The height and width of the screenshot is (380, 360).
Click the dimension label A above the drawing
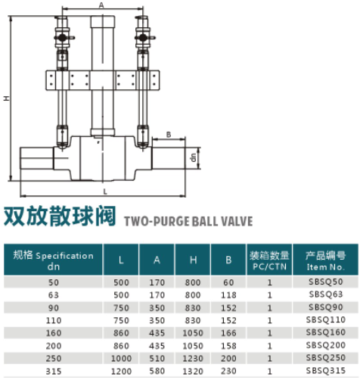[101, 5]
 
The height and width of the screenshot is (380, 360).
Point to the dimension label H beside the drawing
[7, 98]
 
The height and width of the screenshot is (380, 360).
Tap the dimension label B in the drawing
[169, 135]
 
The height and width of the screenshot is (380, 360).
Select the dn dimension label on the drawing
[194, 157]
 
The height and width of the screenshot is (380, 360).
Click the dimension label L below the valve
[105, 192]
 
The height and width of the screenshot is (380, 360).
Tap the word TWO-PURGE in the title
[157, 221]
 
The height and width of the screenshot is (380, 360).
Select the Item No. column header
[325, 266]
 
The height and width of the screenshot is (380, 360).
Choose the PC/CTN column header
[269, 266]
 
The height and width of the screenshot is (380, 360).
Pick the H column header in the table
[193, 260]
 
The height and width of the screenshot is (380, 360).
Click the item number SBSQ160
[325, 332]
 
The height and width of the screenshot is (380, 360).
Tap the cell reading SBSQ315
[325, 370]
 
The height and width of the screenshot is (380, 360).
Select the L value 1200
[121, 371]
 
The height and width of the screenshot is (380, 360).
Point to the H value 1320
[193, 371]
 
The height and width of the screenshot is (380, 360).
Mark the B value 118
[228, 294]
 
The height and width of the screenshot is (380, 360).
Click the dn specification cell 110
[54, 320]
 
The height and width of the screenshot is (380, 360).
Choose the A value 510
[157, 358]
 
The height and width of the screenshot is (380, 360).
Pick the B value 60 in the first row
[228, 282]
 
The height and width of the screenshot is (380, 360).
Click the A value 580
[157, 371]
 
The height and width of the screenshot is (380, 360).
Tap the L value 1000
[121, 358]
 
